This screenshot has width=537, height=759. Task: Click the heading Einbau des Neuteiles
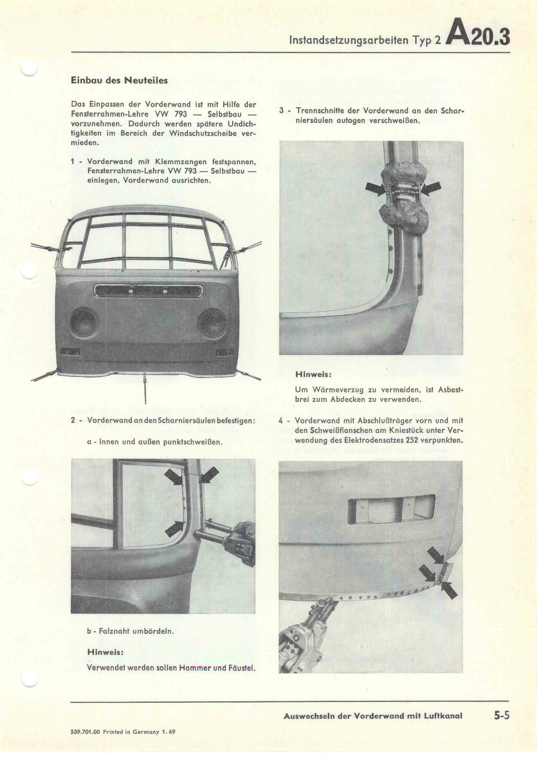[119, 80]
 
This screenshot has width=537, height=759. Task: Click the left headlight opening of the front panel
[84, 321]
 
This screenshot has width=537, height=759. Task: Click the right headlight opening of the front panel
[212, 321]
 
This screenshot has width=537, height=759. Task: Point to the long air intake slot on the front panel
[148, 290]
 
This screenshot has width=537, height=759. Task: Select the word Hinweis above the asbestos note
[313, 374]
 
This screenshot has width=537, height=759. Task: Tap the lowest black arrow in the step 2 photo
[174, 528]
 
